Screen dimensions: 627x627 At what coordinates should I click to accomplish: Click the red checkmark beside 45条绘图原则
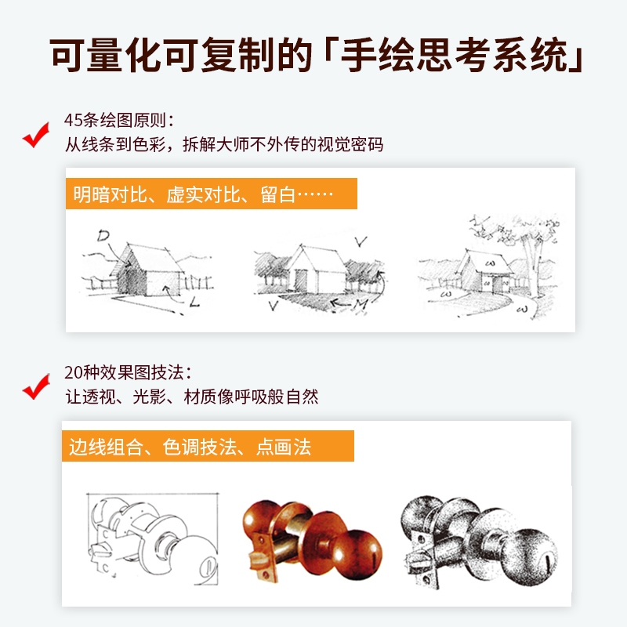(x=35, y=136)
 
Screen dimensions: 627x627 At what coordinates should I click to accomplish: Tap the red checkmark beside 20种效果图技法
(x=35, y=387)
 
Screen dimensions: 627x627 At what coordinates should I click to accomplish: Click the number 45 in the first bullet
(x=74, y=120)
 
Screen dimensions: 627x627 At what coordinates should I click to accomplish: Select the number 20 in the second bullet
(x=74, y=372)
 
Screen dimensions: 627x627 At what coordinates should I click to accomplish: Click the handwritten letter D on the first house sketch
(x=103, y=236)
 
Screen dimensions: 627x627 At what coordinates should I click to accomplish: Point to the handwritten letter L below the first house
(x=194, y=302)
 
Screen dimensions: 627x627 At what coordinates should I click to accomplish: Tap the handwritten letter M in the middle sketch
(x=361, y=305)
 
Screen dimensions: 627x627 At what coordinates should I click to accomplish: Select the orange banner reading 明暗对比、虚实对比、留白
(x=211, y=194)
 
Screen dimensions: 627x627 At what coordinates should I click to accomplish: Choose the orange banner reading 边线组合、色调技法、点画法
(x=208, y=446)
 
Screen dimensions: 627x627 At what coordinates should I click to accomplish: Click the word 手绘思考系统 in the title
(x=454, y=56)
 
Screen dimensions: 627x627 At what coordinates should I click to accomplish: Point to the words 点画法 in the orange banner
(x=283, y=447)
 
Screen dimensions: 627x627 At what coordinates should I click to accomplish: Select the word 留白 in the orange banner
(x=278, y=194)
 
